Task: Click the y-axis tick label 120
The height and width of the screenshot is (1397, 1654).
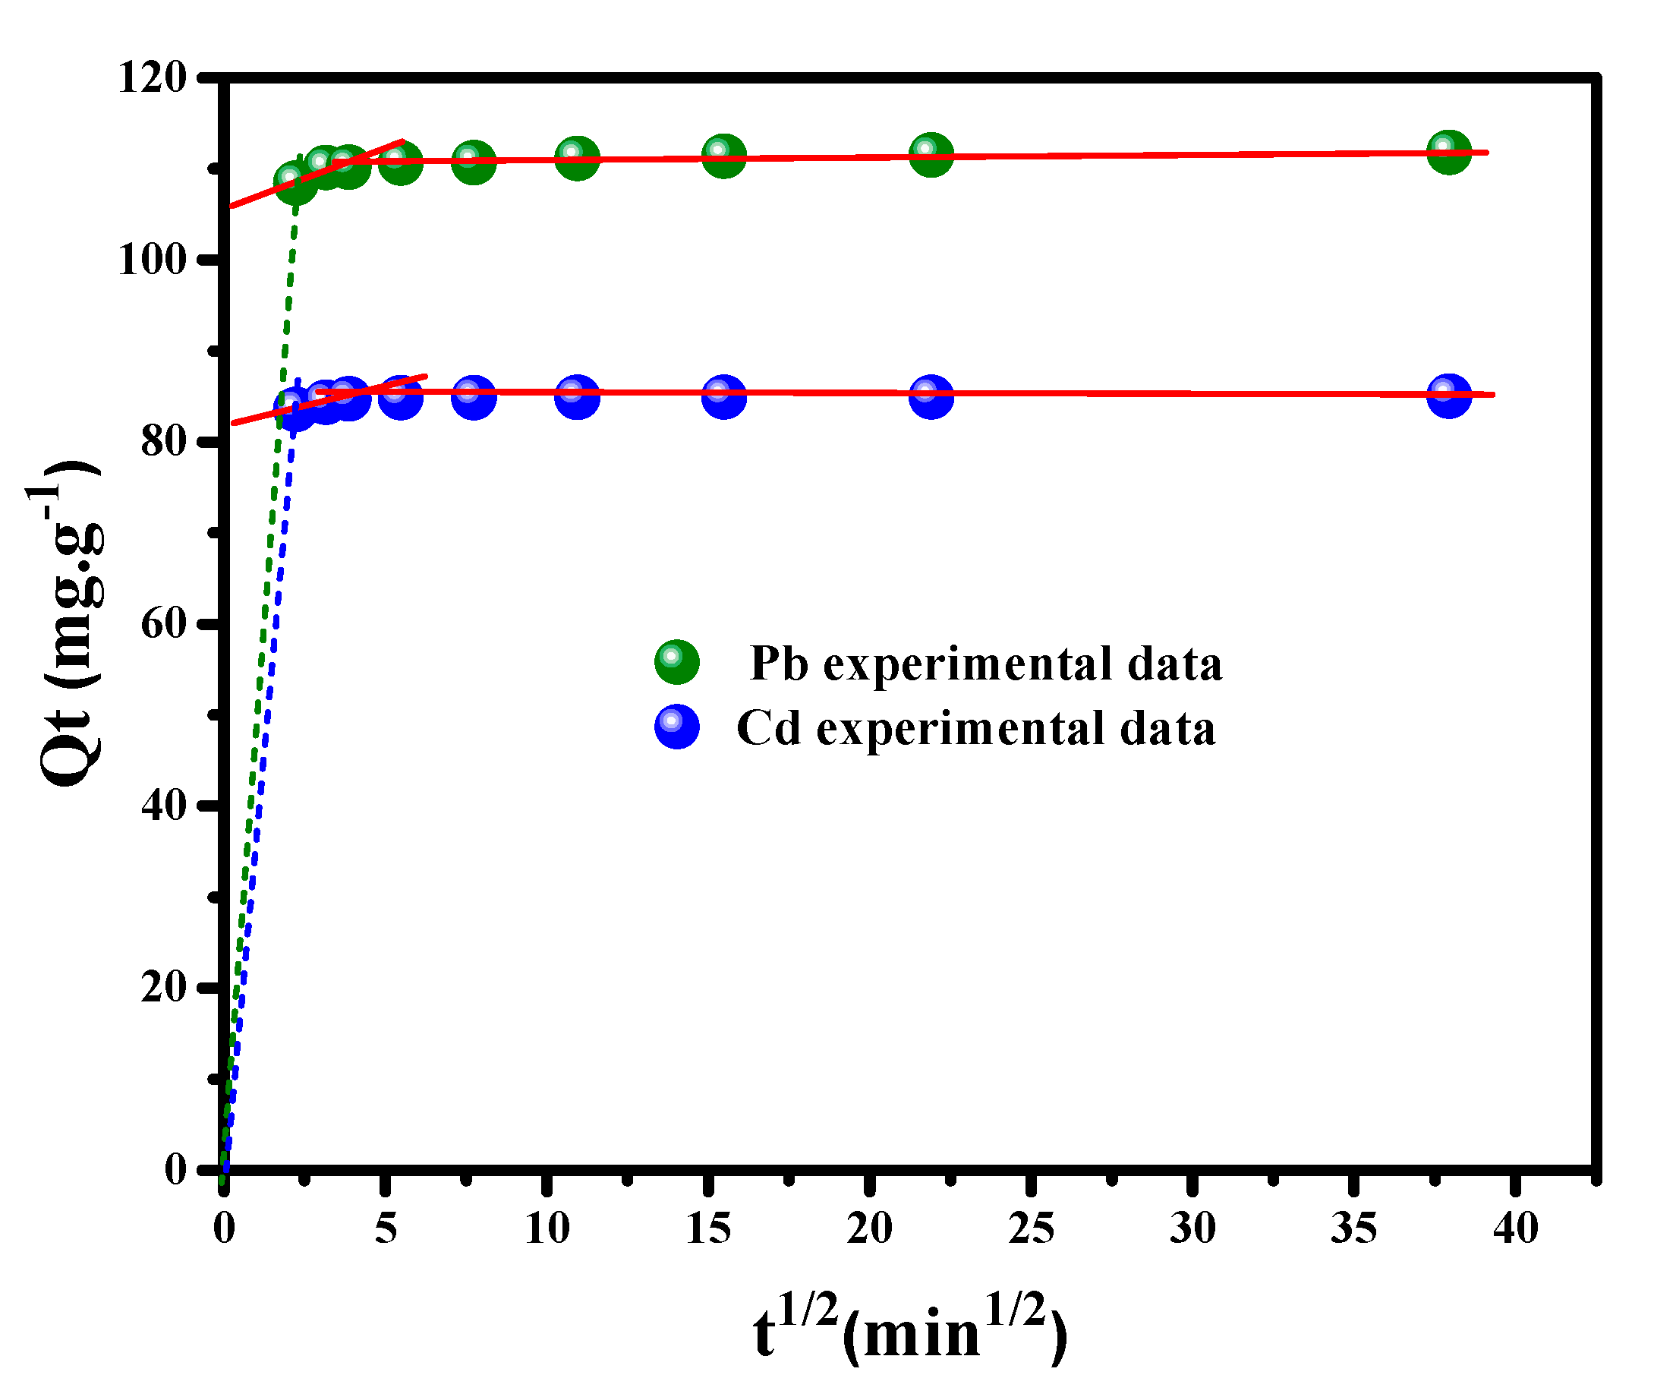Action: pyautogui.click(x=152, y=78)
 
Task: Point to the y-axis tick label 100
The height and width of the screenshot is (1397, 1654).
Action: pyautogui.click(x=152, y=260)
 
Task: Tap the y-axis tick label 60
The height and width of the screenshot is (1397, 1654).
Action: pyautogui.click(x=163, y=623)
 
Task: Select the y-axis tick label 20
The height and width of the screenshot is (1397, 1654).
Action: pyautogui.click(x=163, y=987)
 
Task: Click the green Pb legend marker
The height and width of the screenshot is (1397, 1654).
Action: pyautogui.click(x=677, y=662)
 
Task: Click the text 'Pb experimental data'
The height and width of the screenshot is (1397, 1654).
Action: pyautogui.click(x=985, y=663)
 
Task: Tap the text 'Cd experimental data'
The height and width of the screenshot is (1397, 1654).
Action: pyautogui.click(x=975, y=728)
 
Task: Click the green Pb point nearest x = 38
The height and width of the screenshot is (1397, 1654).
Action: pyautogui.click(x=1449, y=152)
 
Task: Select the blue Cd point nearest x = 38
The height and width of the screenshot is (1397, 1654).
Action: pyautogui.click(x=1449, y=395)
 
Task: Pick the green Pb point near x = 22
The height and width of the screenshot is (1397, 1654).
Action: pyautogui.click(x=931, y=154)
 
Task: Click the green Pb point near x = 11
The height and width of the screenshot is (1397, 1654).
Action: pyautogui.click(x=577, y=159)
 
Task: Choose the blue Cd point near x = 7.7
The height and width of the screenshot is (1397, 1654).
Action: pyautogui.click(x=474, y=396)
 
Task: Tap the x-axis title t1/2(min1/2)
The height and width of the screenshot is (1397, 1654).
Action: pyautogui.click(x=911, y=1334)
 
